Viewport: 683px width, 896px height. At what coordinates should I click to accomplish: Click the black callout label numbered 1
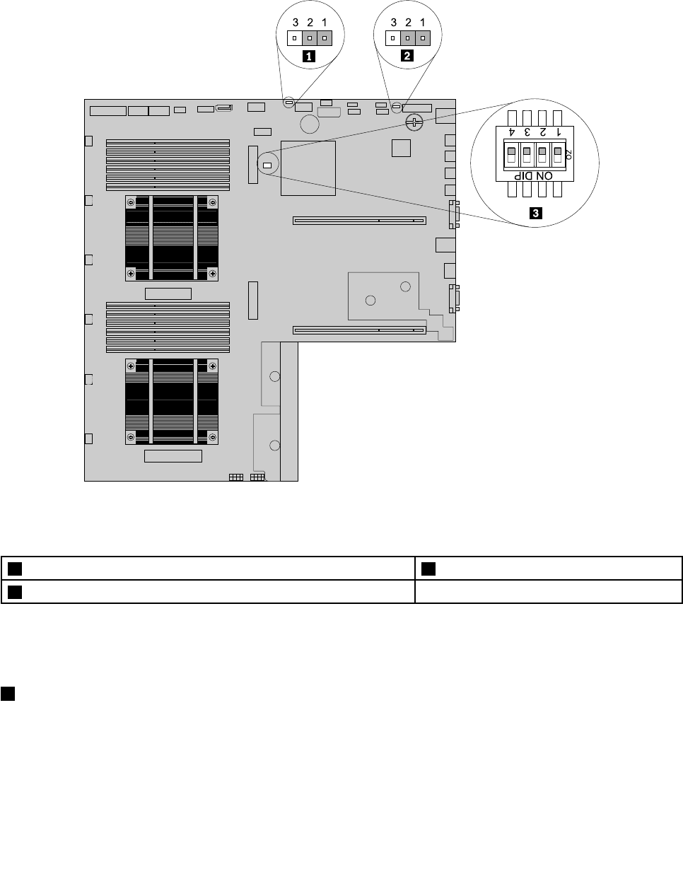point(309,57)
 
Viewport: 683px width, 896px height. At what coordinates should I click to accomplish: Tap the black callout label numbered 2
point(407,56)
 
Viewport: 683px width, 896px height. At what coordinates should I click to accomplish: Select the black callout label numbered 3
point(536,213)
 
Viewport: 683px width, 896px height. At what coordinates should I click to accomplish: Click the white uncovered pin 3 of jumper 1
point(295,38)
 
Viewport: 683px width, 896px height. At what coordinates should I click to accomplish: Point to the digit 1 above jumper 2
point(422,23)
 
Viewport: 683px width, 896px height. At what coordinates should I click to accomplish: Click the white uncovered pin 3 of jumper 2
point(393,38)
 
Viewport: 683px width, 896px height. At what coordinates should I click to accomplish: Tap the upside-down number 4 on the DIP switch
point(512,132)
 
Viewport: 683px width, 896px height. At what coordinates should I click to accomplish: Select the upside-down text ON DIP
point(533,176)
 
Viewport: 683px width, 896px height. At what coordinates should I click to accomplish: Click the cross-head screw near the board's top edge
point(414,122)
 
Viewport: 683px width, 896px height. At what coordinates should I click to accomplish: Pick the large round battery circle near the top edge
point(310,124)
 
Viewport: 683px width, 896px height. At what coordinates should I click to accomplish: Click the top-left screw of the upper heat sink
point(131,202)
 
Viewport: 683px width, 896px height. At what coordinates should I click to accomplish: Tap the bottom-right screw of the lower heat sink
point(213,437)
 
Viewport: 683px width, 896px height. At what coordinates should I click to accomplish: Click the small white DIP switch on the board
point(267,165)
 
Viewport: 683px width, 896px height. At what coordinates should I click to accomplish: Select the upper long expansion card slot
point(359,221)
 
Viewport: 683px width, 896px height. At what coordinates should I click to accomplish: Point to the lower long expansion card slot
point(359,330)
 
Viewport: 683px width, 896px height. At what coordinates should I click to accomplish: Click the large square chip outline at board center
point(308,168)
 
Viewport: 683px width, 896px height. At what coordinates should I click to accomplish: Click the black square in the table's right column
point(428,569)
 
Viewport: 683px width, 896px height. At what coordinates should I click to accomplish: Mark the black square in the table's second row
point(15,592)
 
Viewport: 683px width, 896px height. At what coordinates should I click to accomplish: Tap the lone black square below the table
point(8,694)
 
